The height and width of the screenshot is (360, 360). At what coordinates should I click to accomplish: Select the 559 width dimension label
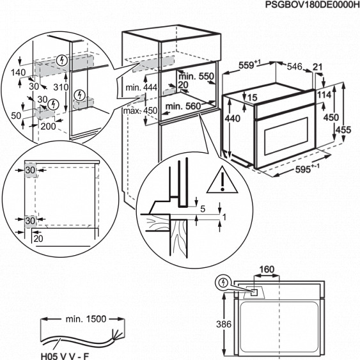pyautogui.click(x=249, y=65)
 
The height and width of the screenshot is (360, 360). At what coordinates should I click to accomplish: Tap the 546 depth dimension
pyautogui.click(x=293, y=65)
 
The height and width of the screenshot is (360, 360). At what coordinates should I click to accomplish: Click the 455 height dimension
pyautogui.click(x=348, y=130)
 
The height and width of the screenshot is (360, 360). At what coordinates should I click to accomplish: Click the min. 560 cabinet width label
pyautogui.click(x=184, y=107)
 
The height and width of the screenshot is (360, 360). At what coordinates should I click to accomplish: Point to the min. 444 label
pyautogui.click(x=141, y=87)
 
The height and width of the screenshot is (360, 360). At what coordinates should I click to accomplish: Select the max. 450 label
pyautogui.click(x=140, y=111)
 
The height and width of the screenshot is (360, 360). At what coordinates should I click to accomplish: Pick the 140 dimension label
pyautogui.click(x=19, y=73)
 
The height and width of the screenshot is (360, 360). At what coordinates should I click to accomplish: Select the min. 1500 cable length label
pyautogui.click(x=86, y=318)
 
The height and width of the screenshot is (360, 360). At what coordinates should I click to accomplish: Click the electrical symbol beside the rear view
pyautogui.click(x=223, y=282)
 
